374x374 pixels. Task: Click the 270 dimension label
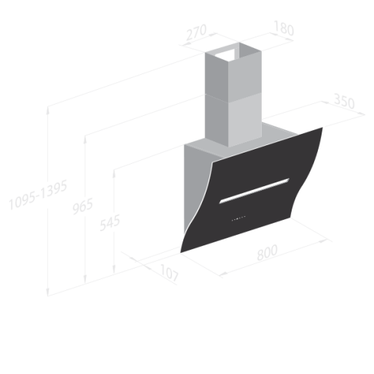click(197, 32)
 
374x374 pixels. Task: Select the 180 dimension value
click(283, 28)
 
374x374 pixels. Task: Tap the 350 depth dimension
click(344, 101)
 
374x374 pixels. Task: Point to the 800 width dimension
click(267, 253)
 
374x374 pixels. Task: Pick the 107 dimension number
click(169, 272)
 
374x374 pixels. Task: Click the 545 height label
click(110, 223)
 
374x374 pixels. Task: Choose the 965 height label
click(83, 206)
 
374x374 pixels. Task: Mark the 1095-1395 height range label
click(38, 194)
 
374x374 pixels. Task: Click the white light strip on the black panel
click(254, 191)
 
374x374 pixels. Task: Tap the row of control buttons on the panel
click(239, 218)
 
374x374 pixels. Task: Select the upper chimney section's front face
click(245, 73)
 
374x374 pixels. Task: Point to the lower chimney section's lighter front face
click(245, 120)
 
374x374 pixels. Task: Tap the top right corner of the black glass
click(322, 127)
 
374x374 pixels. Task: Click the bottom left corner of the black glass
click(181, 253)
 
